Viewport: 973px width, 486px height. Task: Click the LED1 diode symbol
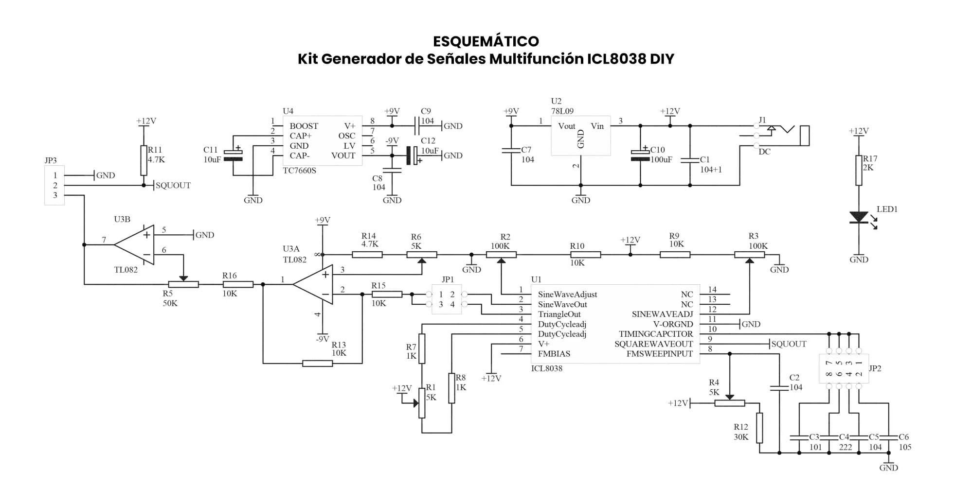click(859, 218)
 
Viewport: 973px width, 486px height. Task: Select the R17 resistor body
click(859, 170)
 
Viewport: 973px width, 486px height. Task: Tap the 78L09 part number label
click(562, 111)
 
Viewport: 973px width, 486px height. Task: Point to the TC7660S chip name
click(300, 171)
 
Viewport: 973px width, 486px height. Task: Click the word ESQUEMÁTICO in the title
click(486, 41)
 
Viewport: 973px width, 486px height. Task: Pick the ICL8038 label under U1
click(547, 368)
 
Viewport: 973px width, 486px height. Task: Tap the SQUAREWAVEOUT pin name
click(653, 344)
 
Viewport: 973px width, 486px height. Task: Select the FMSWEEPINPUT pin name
click(659, 354)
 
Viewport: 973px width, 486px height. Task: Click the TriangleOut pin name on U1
click(559, 314)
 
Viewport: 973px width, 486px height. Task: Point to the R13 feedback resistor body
click(317, 363)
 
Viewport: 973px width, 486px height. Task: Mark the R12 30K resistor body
click(759, 428)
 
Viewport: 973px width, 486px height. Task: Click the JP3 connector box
click(54, 185)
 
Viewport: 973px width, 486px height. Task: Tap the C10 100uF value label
click(662, 160)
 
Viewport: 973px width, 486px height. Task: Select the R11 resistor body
click(144, 160)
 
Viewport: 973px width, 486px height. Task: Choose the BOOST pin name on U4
click(304, 126)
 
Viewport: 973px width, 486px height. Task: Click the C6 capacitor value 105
click(905, 447)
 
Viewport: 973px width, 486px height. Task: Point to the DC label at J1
click(764, 152)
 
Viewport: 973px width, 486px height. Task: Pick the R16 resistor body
click(238, 284)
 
